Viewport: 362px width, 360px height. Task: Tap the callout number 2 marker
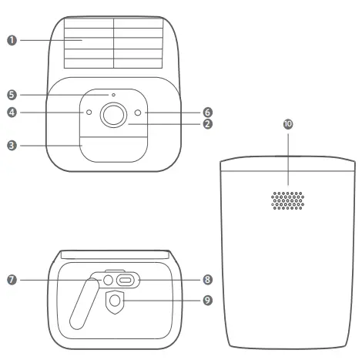[208, 123]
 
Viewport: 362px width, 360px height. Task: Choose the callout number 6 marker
[208, 113]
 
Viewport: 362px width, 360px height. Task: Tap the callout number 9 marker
[208, 299]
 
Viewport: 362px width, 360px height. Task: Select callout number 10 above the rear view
[288, 124]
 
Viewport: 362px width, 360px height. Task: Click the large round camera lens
[113, 114]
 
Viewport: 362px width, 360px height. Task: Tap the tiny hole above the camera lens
[113, 95]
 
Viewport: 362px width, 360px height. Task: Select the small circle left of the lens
[89, 113]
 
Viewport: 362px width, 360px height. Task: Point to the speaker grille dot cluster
[288, 200]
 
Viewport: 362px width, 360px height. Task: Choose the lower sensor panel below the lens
[113, 148]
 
